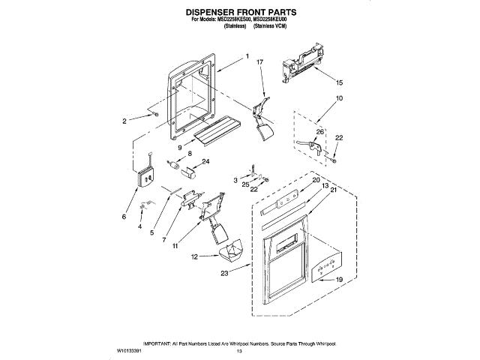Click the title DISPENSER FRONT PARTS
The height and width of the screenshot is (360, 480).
coord(240,13)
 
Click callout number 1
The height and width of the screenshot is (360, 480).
coord(247,56)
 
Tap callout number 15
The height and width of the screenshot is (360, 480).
coord(338,82)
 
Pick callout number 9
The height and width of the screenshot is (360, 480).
coord(181,148)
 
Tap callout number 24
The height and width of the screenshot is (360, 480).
coord(205,161)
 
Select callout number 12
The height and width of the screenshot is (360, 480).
coord(193,256)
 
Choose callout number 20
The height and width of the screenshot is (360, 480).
coord(316,181)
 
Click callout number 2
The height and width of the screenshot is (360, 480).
coord(124,121)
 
